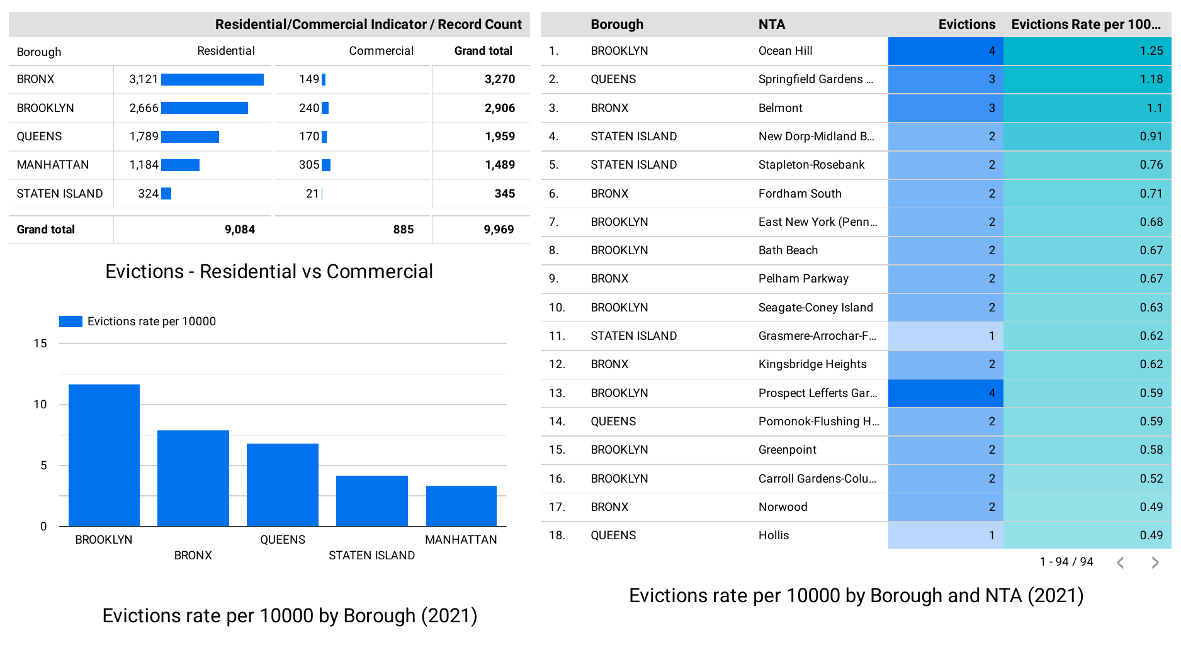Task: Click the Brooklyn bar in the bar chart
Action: tap(104, 455)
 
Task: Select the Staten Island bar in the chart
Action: tap(371, 501)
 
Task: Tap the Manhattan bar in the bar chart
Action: tap(461, 506)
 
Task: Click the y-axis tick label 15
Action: tap(40, 344)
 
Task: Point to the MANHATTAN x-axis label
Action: tap(461, 540)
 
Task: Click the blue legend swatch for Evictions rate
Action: tap(71, 322)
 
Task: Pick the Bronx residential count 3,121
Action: tap(144, 79)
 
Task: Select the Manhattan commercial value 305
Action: tap(309, 165)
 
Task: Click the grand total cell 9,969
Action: tap(499, 230)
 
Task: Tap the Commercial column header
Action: tap(381, 51)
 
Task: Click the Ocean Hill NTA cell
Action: tap(785, 51)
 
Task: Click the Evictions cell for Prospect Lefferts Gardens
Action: tap(945, 393)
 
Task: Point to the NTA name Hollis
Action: tap(774, 535)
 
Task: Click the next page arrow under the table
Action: tap(1155, 563)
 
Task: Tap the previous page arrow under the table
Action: tap(1121, 563)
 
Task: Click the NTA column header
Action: tap(771, 25)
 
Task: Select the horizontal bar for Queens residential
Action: tap(190, 137)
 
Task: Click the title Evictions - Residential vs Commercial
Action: tap(269, 271)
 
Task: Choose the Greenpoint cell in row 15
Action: tap(787, 450)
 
